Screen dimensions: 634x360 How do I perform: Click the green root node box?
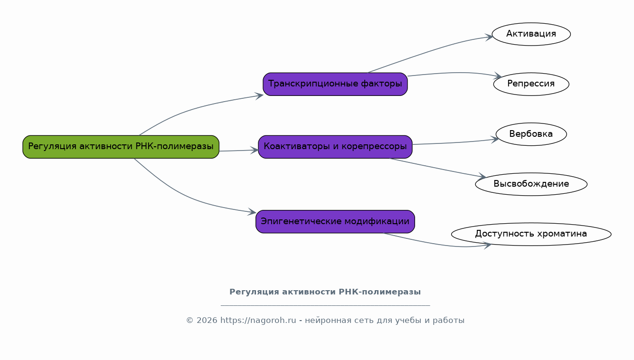pyautogui.click(x=121, y=147)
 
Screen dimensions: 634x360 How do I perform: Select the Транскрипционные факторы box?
pyautogui.click(x=335, y=84)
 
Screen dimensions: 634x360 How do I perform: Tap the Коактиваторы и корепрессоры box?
pyautogui.click(x=335, y=147)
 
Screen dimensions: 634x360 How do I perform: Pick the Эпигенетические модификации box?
pyautogui.click(x=335, y=222)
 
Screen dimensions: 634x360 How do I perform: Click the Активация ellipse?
pyautogui.click(x=531, y=34)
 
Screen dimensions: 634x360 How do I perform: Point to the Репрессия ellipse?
pyautogui.click(x=531, y=84)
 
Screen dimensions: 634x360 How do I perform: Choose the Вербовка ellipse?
pyautogui.click(x=531, y=134)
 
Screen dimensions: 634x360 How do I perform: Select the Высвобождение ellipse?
pyautogui.click(x=531, y=184)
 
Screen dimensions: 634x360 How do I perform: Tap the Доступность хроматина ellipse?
pyautogui.click(x=531, y=234)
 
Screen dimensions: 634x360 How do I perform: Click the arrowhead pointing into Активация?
pyautogui.click(x=489, y=37)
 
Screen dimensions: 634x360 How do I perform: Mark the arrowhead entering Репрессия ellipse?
pyautogui.click(x=498, y=76)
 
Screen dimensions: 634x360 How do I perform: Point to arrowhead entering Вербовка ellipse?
pyautogui.click(x=495, y=139)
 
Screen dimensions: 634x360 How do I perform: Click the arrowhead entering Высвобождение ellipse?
pyautogui.click(x=482, y=177)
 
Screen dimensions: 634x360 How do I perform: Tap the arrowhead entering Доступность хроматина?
pyautogui.click(x=487, y=246)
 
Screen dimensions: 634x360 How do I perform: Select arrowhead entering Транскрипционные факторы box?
pyautogui.click(x=259, y=95)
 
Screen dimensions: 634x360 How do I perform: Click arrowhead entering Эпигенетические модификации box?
pyautogui.click(x=252, y=212)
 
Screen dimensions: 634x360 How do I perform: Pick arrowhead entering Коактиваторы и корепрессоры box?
pyautogui.click(x=255, y=150)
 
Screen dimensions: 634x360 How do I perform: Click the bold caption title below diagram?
pyautogui.click(x=325, y=292)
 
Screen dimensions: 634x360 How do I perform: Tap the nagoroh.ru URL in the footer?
pyautogui.click(x=258, y=321)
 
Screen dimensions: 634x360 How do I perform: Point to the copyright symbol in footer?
pyautogui.click(x=189, y=321)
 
